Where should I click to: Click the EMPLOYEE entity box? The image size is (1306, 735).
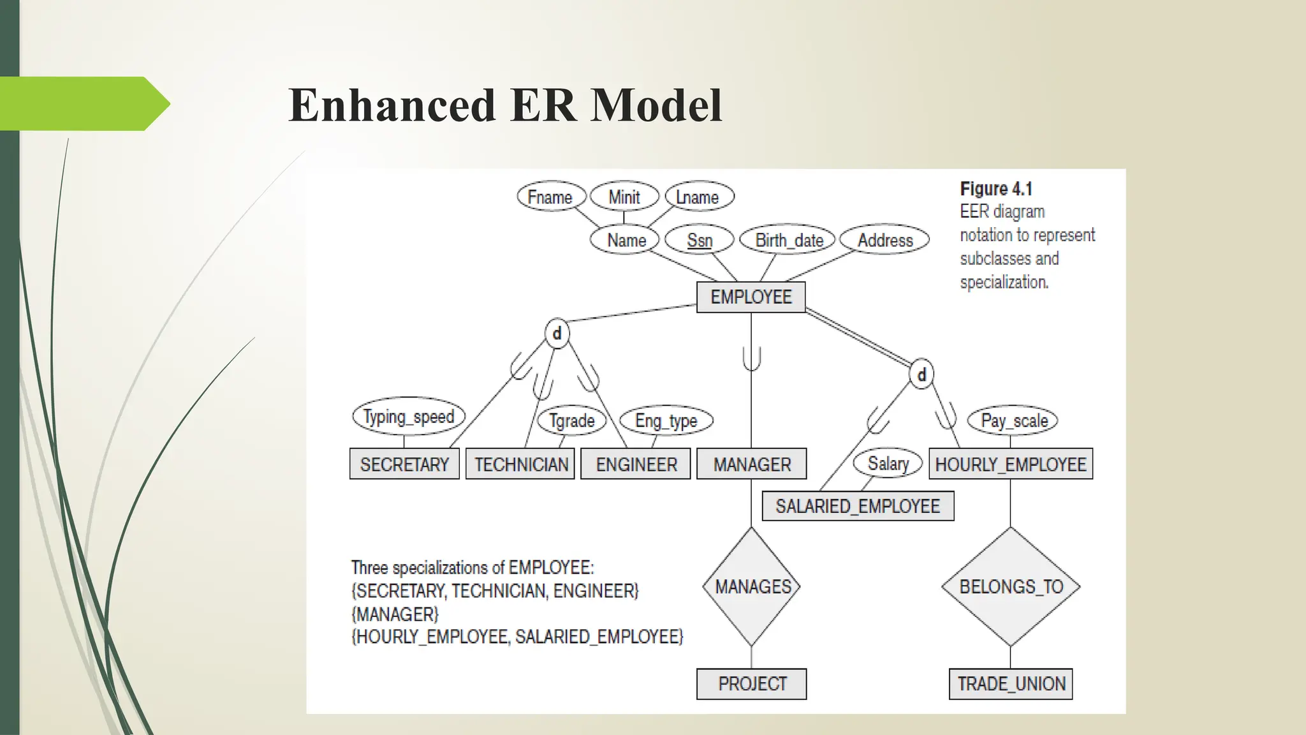tap(751, 297)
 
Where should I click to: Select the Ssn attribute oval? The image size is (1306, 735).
tap(700, 241)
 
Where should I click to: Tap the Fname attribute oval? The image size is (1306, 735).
tap(550, 197)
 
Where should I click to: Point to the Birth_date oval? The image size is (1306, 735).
tap(788, 241)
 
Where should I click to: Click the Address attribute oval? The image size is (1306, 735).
tap(884, 241)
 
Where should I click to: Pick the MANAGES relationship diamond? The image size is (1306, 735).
tap(752, 586)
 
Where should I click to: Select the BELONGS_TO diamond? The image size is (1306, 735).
tap(1011, 586)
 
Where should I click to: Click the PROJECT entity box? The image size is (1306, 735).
tap(752, 684)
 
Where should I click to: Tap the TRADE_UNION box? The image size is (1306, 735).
tap(1011, 684)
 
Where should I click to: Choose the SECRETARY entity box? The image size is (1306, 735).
tap(404, 464)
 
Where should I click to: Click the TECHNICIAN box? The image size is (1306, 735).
tap(520, 464)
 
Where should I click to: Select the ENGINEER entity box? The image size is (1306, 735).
tap(636, 464)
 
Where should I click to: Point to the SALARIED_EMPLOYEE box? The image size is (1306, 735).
tap(858, 506)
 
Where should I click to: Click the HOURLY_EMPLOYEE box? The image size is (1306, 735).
tap(1011, 464)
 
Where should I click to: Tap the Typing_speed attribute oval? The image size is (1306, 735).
tap(409, 417)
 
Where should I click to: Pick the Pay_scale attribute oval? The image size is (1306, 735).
tap(1013, 420)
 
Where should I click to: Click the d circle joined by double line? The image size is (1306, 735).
tap(921, 375)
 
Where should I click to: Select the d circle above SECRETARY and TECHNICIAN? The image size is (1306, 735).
tap(557, 333)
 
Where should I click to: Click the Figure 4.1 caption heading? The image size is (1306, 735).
tap(995, 189)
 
